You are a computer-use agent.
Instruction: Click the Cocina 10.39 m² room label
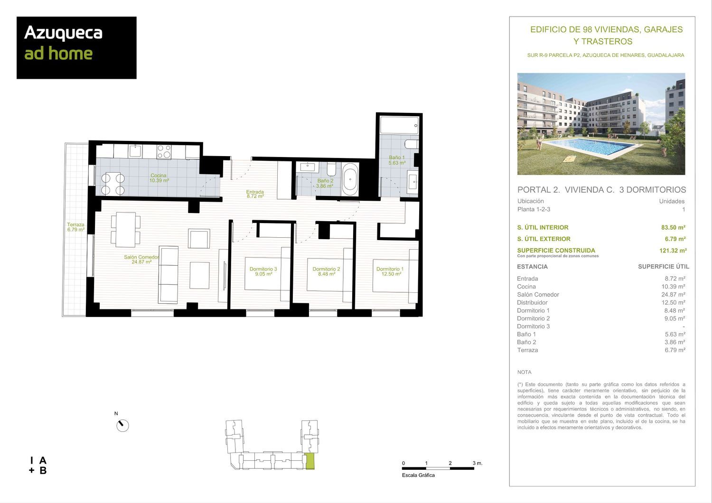[x=159, y=178]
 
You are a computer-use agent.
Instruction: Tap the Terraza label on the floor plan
[x=75, y=227]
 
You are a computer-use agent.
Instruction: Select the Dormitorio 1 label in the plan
[x=390, y=271]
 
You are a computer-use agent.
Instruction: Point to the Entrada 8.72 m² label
[x=255, y=194]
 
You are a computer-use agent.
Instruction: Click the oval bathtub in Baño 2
[x=350, y=179]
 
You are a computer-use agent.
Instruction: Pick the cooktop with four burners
[x=164, y=151]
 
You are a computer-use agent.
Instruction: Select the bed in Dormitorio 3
[x=267, y=269]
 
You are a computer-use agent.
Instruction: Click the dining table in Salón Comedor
[x=126, y=229]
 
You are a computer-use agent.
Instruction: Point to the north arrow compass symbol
[x=122, y=425]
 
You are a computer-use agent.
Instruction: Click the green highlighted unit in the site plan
[x=309, y=461]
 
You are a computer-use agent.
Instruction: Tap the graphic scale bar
[x=438, y=468]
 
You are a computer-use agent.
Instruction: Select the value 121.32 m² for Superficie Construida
[x=673, y=251]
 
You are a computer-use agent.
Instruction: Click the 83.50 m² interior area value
[x=673, y=227]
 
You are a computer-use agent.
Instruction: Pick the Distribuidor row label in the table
[x=533, y=302]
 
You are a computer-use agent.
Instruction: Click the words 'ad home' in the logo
[x=58, y=53]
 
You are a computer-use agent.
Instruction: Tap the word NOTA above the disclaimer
[x=524, y=372]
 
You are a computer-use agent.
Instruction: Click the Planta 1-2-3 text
[x=534, y=209]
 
